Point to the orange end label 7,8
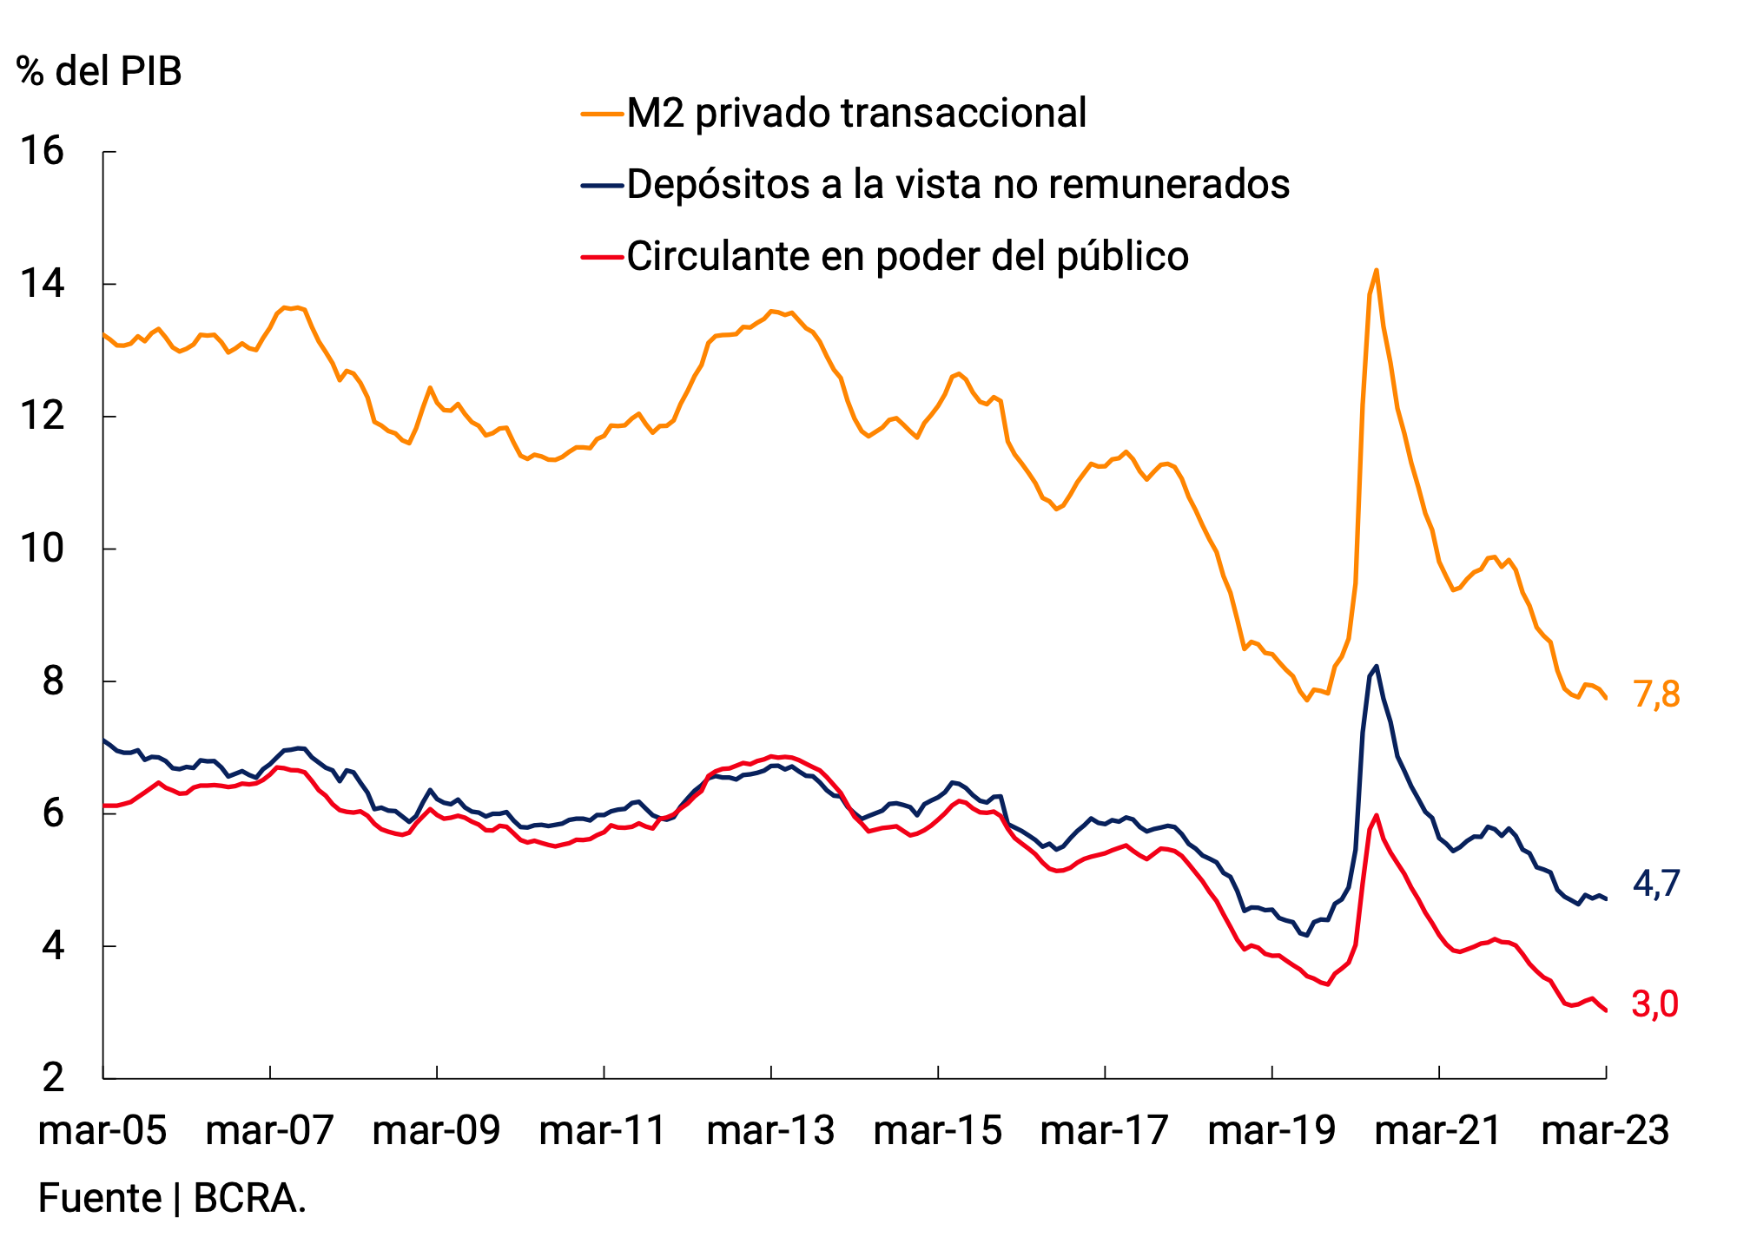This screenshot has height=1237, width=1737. tap(1656, 694)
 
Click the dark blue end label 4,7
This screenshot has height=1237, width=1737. tap(1656, 884)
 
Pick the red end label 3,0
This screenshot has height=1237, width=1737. tap(1654, 1004)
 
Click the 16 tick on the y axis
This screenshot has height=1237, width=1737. tap(43, 152)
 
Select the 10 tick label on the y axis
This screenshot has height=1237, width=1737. tap(43, 549)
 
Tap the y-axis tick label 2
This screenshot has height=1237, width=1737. tap(54, 1077)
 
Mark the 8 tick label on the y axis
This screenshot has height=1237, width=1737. tap(54, 681)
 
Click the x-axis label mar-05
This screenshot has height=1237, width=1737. tap(102, 1131)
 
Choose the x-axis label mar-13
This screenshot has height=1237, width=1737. tap(770, 1131)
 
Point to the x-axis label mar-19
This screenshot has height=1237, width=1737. tap(1271, 1131)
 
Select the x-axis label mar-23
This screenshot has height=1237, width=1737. tap(1605, 1131)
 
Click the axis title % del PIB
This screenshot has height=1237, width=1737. tap(99, 71)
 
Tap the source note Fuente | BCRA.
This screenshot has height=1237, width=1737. tap(172, 1199)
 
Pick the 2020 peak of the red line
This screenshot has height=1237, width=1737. tap(1377, 815)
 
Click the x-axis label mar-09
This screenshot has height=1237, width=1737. tap(436, 1131)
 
